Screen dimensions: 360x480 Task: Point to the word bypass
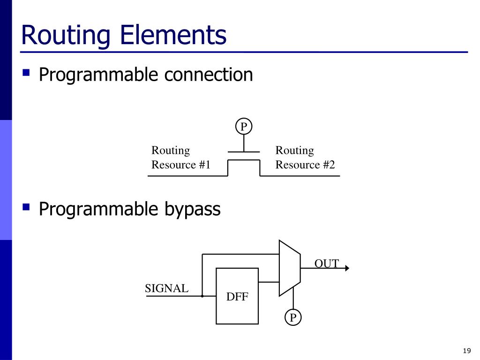(x=192, y=209)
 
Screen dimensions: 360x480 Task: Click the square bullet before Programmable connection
(x=27, y=73)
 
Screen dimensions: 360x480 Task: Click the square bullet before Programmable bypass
(x=27, y=207)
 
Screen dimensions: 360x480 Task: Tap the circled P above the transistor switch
(x=244, y=127)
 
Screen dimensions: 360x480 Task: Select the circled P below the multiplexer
(x=293, y=318)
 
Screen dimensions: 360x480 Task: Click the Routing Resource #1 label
(x=180, y=157)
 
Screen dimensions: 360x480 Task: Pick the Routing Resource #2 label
(x=305, y=157)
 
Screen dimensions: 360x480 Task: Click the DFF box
(x=237, y=296)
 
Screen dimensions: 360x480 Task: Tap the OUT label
(x=326, y=263)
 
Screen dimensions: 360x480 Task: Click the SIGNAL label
(x=166, y=288)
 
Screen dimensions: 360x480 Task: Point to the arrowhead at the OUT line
(x=347, y=268)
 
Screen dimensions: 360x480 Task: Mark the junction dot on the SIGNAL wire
(x=202, y=296)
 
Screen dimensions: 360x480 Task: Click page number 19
(x=466, y=351)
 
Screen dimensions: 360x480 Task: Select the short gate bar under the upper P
(x=244, y=152)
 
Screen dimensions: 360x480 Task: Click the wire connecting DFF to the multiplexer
(x=269, y=282)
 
